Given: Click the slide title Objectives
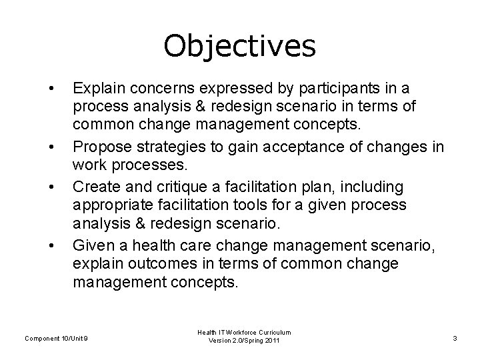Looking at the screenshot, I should point(239,46).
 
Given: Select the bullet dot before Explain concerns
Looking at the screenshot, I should point(51,88).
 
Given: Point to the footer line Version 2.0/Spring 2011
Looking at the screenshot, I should point(244,341).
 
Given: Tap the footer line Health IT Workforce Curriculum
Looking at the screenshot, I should point(244,332).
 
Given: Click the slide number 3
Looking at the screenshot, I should point(454,338).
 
